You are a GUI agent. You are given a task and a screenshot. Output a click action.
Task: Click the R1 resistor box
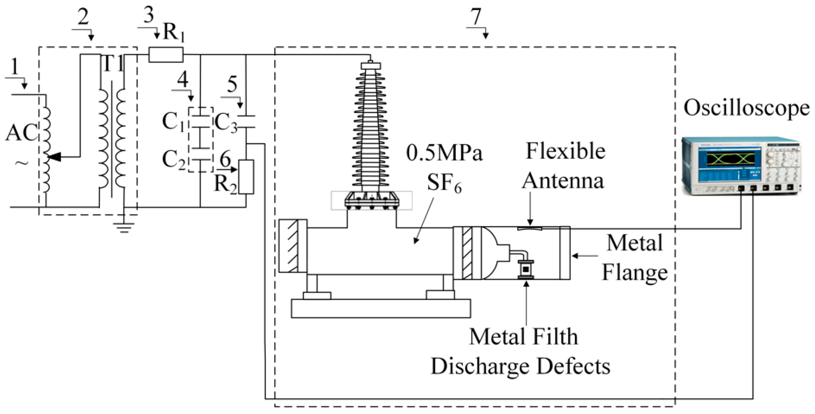166,54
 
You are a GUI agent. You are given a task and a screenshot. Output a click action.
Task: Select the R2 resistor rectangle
246,177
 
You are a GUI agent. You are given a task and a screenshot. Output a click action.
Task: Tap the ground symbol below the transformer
124,227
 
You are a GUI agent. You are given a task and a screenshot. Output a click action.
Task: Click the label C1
173,122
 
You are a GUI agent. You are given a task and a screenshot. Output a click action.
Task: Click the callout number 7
476,17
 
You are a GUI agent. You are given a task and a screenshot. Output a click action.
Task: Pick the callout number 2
83,17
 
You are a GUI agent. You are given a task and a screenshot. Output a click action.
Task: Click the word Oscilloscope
746,108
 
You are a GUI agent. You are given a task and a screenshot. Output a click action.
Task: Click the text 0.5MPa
444,153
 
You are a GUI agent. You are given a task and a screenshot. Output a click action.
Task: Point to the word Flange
635,273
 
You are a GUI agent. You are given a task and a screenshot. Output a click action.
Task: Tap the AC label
22,133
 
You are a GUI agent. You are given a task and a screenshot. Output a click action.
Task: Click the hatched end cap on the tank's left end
293,246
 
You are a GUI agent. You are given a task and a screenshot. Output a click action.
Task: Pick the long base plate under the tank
381,308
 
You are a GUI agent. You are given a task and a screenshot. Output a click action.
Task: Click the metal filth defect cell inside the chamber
526,269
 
